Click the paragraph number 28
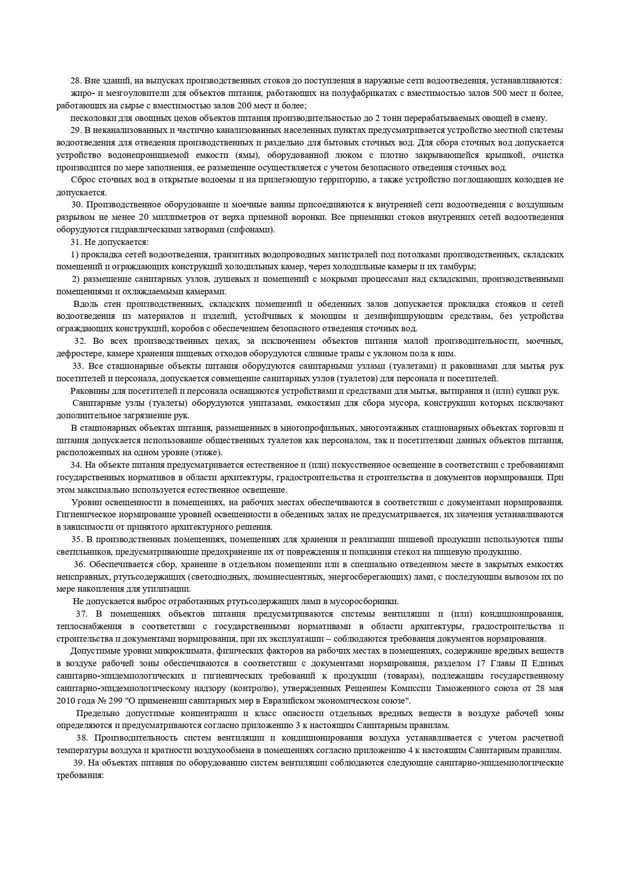[x=76, y=81]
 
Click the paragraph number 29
[x=76, y=130]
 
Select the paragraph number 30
[x=77, y=205]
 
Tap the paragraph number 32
[x=80, y=341]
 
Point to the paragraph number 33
[x=78, y=366]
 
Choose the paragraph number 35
[x=77, y=540]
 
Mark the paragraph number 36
[x=80, y=565]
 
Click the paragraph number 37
[x=81, y=614]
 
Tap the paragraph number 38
[x=81, y=738]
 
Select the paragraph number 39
[x=79, y=763]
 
